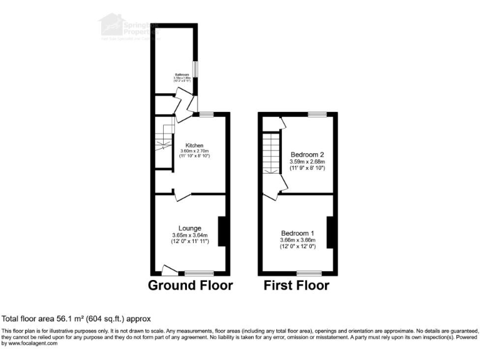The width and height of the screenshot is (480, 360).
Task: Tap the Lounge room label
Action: [x=190, y=228]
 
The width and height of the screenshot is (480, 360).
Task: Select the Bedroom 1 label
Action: [x=297, y=233]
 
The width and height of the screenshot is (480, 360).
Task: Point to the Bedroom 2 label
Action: [x=307, y=154]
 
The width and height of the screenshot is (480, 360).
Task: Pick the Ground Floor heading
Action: [x=190, y=286]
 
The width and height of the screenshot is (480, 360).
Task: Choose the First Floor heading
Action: [x=297, y=286]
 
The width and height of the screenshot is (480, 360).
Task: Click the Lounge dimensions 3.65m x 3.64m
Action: [x=189, y=235]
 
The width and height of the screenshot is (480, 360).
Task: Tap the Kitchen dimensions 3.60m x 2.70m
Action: [x=194, y=151]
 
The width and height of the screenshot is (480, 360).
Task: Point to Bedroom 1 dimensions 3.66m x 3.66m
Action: [x=297, y=240]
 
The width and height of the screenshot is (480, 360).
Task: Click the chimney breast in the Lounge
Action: [x=221, y=231]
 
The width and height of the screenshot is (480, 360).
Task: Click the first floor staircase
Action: [x=271, y=156]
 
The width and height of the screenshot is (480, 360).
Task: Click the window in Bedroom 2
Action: [x=316, y=114]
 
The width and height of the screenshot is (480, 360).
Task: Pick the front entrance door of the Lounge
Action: [x=168, y=270]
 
